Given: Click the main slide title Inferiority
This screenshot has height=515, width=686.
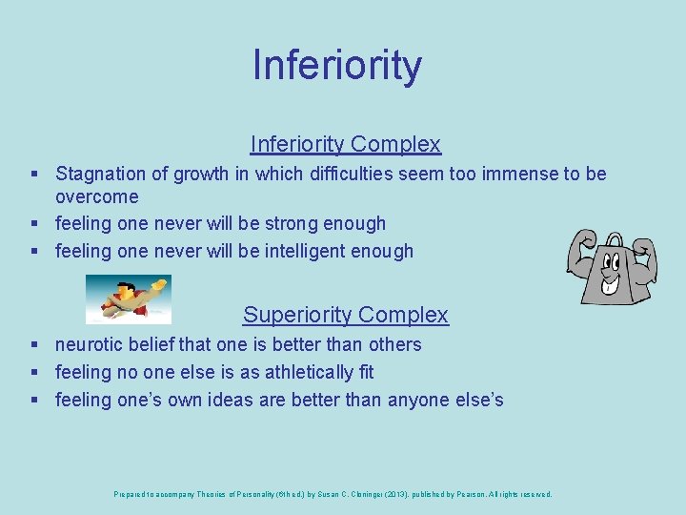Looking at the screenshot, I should pyautogui.click(x=336, y=65).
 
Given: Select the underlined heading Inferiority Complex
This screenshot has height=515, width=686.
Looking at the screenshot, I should pyautogui.click(x=345, y=144).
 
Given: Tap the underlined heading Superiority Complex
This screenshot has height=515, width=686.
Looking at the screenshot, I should pyautogui.click(x=345, y=315).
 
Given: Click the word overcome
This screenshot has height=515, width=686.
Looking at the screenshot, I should pyautogui.click(x=96, y=197).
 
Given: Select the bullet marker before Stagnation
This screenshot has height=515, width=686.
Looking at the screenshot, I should pyautogui.click(x=34, y=175).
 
